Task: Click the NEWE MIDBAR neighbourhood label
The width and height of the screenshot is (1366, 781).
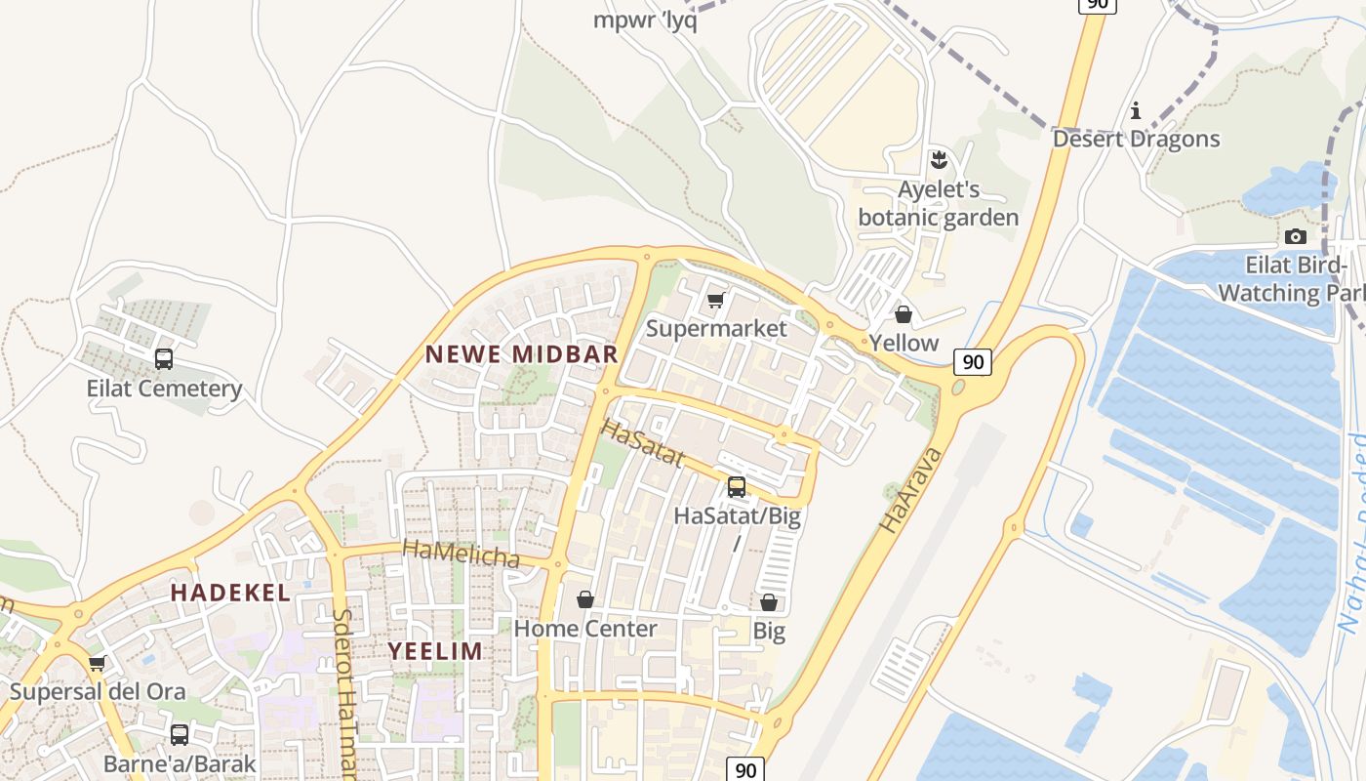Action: pyautogui.click(x=522, y=354)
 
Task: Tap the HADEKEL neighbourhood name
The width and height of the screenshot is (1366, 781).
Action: pyautogui.click(x=230, y=593)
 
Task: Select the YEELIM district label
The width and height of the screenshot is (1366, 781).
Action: pyautogui.click(x=435, y=651)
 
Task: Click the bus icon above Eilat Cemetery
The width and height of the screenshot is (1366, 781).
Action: pyautogui.click(x=164, y=359)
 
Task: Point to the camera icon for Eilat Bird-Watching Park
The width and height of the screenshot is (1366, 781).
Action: pyautogui.click(x=1295, y=236)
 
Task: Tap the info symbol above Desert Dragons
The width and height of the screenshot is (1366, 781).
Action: pyautogui.click(x=1135, y=111)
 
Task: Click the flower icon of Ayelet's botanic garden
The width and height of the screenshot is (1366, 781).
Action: pyautogui.click(x=939, y=159)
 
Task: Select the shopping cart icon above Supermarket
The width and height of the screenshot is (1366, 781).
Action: pyautogui.click(x=716, y=300)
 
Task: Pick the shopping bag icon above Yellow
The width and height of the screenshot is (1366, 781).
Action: pyautogui.click(x=904, y=314)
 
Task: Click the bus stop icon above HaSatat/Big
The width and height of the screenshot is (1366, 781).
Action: pyautogui.click(x=737, y=486)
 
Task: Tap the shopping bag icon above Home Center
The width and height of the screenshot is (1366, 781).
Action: pyautogui.click(x=585, y=599)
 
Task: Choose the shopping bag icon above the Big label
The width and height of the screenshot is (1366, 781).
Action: pyautogui.click(x=769, y=602)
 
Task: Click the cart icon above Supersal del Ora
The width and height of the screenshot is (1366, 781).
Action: pyautogui.click(x=97, y=664)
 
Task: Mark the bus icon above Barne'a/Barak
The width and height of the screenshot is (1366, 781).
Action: pyautogui.click(x=180, y=735)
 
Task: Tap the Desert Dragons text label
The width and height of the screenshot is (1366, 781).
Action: pyautogui.click(x=1136, y=139)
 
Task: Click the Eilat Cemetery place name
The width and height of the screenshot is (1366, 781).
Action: pyautogui.click(x=164, y=389)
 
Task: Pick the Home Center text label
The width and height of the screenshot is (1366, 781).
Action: pyautogui.click(x=585, y=629)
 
